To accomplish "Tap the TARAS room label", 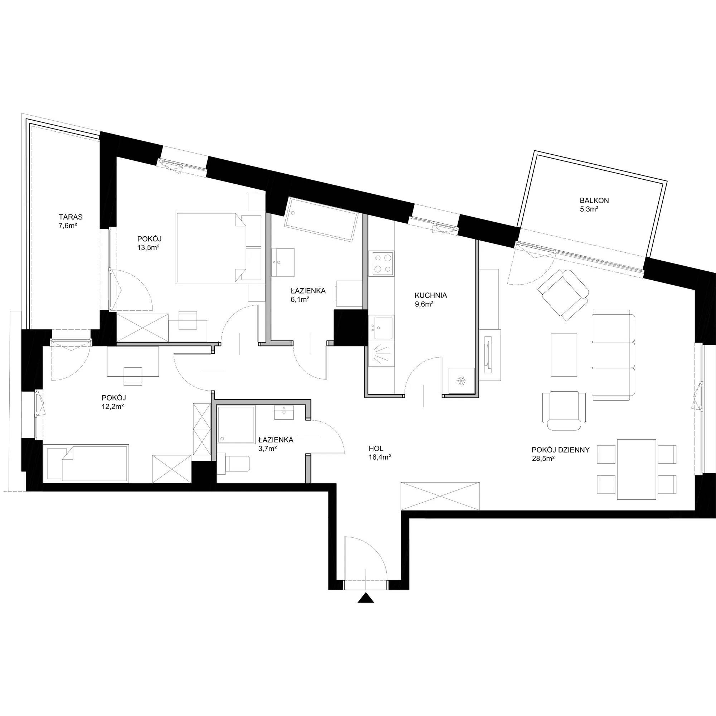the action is tap(71, 217).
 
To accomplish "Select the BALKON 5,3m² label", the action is tap(594, 204).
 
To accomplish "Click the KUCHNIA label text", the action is tap(431, 295).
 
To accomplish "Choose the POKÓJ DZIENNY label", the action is tap(560, 450).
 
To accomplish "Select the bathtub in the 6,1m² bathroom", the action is tap(321, 220).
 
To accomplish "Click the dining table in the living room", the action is tap(636, 469).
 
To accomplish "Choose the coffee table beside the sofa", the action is tap(564, 355).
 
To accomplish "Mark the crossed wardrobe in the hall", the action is tap(440, 496).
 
